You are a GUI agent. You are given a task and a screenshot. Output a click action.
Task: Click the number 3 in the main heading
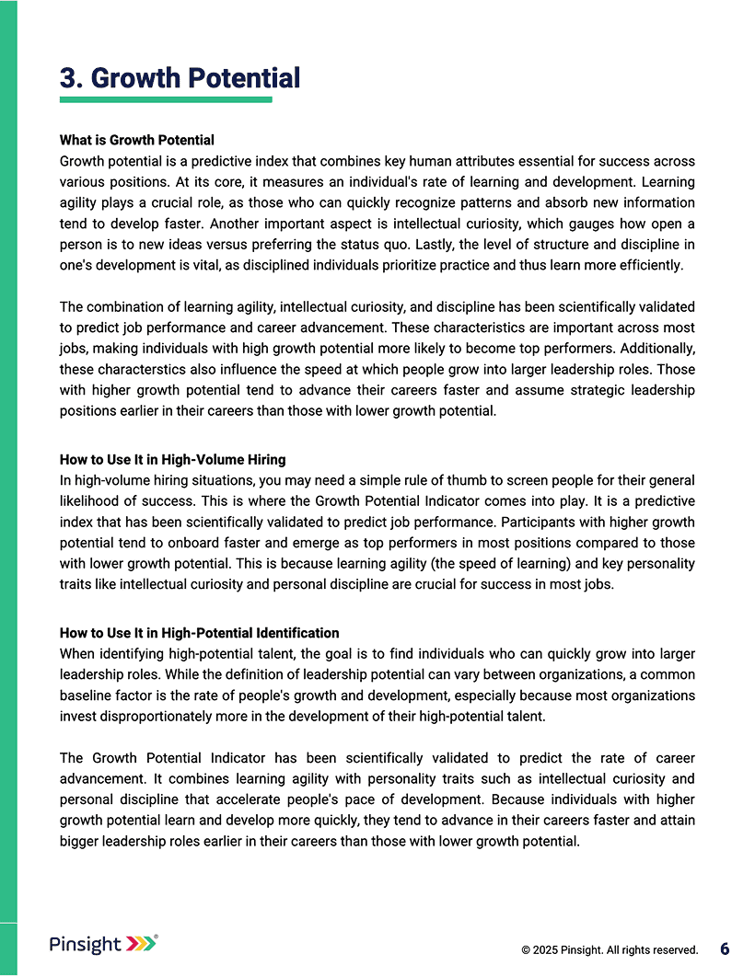(68, 78)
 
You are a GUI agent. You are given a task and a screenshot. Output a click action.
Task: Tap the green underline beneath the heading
(166, 99)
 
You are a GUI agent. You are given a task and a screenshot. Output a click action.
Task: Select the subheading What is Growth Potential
(137, 140)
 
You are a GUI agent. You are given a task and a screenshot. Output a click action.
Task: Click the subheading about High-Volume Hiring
(172, 460)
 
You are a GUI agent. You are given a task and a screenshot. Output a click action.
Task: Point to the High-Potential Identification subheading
(199, 633)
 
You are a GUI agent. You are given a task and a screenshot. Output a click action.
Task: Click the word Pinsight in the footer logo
(85, 944)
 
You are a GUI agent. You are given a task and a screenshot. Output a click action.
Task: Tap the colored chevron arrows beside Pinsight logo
(141, 944)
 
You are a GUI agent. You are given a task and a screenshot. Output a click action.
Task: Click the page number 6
(725, 948)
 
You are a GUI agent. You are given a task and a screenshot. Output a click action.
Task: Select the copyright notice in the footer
(609, 949)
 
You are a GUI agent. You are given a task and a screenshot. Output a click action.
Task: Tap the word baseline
(88, 695)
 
